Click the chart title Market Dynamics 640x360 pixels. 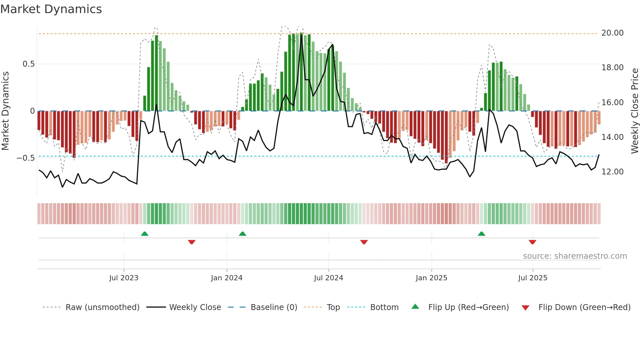point(51,9)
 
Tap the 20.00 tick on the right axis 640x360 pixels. point(612,33)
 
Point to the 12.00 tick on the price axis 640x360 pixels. point(612,172)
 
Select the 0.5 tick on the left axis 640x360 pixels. point(28,64)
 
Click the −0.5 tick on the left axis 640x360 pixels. point(26,158)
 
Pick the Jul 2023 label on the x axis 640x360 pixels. point(124,278)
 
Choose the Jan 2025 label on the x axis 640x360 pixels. point(431,278)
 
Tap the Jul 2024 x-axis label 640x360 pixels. point(328,278)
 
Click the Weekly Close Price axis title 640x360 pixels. point(634,111)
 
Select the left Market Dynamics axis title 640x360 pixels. point(5,111)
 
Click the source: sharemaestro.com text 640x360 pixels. point(575,256)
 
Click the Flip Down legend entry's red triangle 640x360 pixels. point(525,308)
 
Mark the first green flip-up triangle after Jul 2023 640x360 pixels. point(145,234)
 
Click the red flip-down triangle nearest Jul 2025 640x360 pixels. point(532,242)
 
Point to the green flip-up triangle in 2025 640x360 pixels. point(481,234)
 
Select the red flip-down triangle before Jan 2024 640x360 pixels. point(192,242)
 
